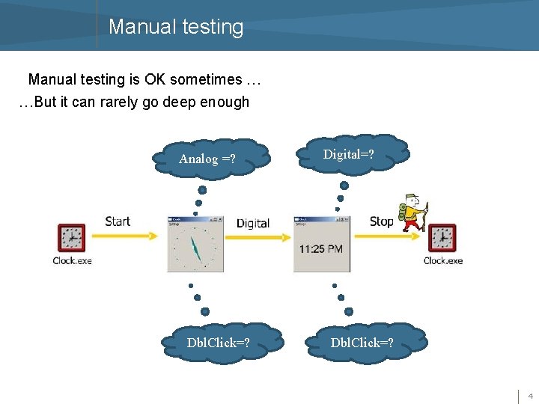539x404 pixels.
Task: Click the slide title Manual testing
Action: pos(176,27)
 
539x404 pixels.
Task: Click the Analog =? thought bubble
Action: pos(208,158)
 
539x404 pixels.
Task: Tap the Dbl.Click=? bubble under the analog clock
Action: pos(219,343)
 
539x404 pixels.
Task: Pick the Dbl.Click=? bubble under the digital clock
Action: pos(363,343)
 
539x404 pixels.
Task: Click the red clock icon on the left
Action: pos(72,238)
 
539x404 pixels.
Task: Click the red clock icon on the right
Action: pos(442,238)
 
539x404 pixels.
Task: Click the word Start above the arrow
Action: pos(118,221)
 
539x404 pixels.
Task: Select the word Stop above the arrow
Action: pos(381,221)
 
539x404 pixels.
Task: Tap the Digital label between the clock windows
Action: pos(252,223)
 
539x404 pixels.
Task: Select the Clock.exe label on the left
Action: pos(72,260)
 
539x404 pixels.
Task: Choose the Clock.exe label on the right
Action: pos(442,260)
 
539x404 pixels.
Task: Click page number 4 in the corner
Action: pos(530,395)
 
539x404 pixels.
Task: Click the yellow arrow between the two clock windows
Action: pos(257,237)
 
